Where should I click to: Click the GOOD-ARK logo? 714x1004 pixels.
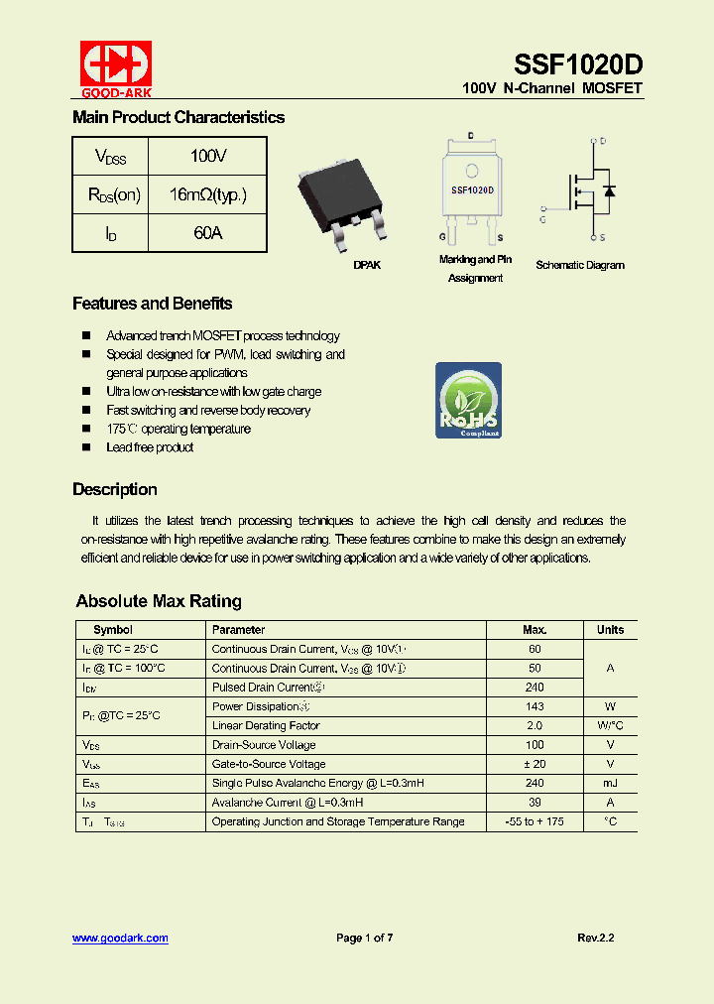coord(115,67)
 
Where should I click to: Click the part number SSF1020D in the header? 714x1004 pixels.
coord(578,65)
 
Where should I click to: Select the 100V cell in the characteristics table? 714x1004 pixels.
coord(208,157)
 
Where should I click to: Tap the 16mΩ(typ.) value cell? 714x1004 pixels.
coord(208,195)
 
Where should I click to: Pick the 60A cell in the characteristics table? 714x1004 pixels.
coord(208,234)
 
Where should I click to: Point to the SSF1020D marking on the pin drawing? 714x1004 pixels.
coord(472,188)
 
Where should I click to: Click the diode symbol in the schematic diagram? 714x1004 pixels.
coord(609,190)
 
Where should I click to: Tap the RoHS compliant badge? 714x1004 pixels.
coord(468,400)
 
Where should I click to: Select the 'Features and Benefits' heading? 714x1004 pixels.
coord(152,304)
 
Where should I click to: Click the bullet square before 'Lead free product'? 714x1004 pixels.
coord(85,447)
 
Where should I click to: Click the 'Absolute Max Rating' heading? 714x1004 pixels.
coord(159,601)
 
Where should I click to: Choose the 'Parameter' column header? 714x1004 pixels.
coord(239,630)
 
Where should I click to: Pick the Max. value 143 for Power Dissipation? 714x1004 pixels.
coord(535,706)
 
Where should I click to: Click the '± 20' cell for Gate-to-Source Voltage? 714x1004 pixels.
coord(535,764)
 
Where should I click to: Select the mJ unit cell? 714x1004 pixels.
coord(610,783)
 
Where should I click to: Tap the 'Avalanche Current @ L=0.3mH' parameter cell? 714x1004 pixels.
coord(288,803)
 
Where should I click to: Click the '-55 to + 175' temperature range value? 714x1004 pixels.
coord(535,821)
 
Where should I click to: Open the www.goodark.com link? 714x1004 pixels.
coord(120,938)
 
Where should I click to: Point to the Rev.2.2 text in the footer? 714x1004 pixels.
coord(595,938)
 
